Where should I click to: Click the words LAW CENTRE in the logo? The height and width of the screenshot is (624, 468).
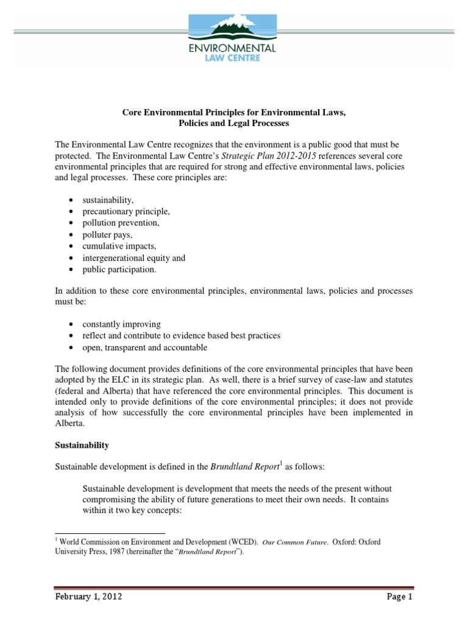click(234, 58)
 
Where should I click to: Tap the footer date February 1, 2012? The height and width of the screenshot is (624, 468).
click(88, 597)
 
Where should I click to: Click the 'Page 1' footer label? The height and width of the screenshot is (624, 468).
click(400, 597)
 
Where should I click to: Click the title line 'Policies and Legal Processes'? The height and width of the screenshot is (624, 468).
click(234, 122)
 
